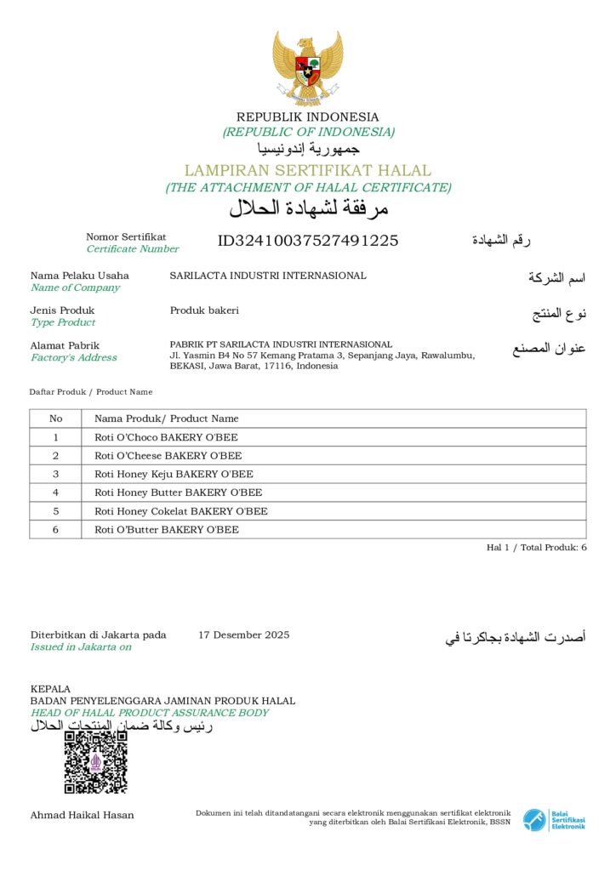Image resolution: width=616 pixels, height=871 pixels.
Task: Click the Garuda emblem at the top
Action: point(307,67)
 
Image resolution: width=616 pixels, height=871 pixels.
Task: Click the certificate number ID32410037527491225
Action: point(308,241)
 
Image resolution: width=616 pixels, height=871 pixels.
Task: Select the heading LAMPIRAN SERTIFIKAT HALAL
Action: point(308,170)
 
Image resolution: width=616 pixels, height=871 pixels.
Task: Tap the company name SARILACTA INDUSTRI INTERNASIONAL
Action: point(268,276)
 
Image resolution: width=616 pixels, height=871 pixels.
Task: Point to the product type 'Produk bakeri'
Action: point(204,310)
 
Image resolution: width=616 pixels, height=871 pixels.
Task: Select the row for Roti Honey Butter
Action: point(178,492)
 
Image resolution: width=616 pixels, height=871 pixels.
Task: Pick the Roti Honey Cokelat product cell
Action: point(180,511)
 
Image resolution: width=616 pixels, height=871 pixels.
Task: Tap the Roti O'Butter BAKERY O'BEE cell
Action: point(167,530)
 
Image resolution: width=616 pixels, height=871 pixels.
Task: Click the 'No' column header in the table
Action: point(56,418)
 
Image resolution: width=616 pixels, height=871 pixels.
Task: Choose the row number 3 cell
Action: point(56,474)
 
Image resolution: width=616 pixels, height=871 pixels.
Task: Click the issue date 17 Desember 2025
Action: point(243,635)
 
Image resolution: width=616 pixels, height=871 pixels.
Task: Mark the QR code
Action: point(96,762)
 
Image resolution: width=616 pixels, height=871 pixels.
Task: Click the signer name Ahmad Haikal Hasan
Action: point(82,815)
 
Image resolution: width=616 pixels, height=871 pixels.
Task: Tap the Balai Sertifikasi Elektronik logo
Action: point(554,820)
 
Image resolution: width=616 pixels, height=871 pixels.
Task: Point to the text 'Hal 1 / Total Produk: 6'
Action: point(536,548)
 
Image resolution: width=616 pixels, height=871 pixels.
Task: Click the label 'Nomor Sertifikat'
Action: point(126,237)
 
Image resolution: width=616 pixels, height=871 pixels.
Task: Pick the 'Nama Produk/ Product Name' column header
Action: point(167,418)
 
